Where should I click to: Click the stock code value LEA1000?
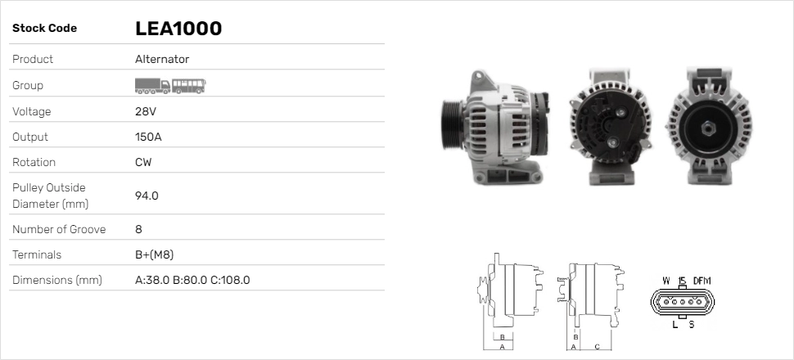[178, 29]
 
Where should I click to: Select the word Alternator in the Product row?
[162, 59]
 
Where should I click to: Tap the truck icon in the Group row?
[152, 86]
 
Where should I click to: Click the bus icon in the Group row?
[189, 86]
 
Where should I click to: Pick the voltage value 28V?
[146, 111]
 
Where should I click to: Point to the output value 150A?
[148, 137]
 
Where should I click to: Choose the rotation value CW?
[143, 162]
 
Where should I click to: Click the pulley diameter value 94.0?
[147, 196]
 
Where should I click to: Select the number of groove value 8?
[139, 229]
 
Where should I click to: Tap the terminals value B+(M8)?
[155, 254]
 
